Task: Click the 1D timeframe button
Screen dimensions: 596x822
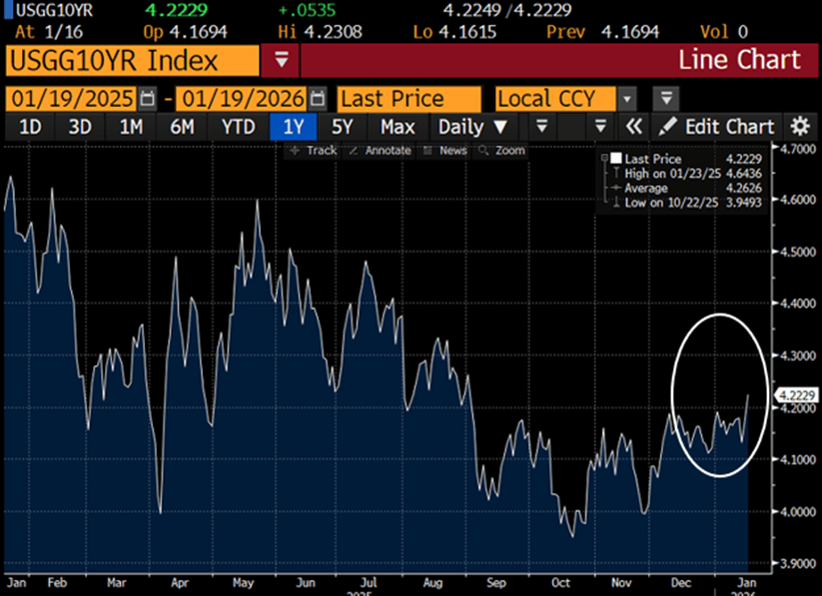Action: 30,127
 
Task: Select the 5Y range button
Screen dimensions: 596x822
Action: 342,127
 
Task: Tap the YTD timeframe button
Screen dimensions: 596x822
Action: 238,127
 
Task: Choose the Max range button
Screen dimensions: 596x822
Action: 398,127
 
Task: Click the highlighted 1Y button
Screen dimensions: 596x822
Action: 293,127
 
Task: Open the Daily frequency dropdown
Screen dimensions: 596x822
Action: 473,127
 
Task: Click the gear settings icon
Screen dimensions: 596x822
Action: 800,127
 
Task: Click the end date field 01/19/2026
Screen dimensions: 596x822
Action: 241,99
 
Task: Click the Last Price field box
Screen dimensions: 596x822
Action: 405,99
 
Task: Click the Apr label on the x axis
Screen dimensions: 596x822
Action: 181,580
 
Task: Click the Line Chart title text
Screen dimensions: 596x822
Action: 739,60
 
